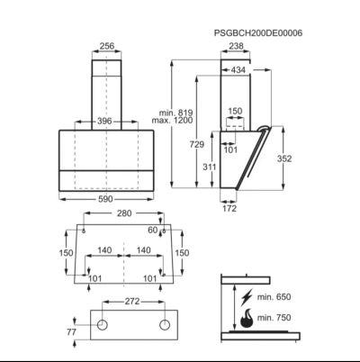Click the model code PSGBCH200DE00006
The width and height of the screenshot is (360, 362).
coord(258,32)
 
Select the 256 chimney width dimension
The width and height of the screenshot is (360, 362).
coord(107,46)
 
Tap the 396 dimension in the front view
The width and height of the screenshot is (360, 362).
coord(104,122)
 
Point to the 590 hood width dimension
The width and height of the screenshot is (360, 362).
coord(105,199)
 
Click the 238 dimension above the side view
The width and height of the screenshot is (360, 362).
coord(236,46)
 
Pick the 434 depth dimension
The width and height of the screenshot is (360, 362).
coord(238,70)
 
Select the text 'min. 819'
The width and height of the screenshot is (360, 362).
coord(175,113)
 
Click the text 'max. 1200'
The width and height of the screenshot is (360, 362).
coord(172,121)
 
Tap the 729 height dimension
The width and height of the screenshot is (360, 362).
coord(197,144)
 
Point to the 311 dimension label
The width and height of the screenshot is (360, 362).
coord(209,167)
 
